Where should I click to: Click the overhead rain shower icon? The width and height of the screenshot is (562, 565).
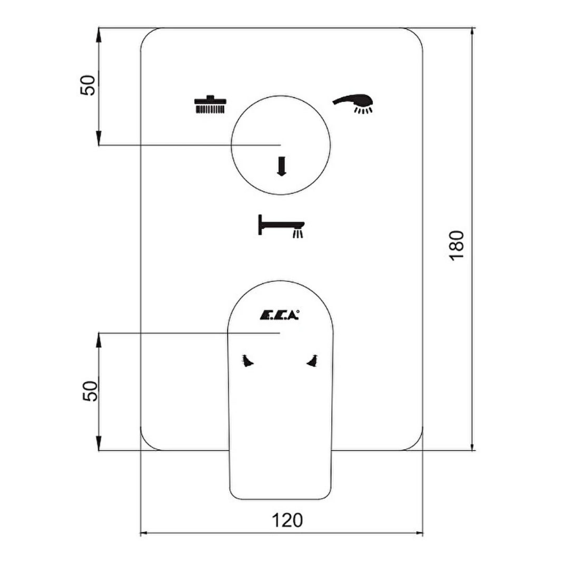(210, 104)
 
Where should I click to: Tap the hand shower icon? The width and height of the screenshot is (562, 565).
(352, 103)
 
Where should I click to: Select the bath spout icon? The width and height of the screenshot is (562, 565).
(281, 226)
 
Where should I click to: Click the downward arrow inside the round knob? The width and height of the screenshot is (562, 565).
(281, 166)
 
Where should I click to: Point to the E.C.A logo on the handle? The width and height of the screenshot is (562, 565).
(280, 315)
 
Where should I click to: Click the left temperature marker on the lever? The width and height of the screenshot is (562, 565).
(248, 361)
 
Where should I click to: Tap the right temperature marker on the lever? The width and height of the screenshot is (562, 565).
(312, 361)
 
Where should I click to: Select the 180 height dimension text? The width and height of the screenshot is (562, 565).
(456, 245)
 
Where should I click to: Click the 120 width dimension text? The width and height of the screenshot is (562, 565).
(287, 520)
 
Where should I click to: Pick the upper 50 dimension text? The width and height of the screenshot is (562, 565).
(88, 85)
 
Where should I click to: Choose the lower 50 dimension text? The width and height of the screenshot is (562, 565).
(90, 392)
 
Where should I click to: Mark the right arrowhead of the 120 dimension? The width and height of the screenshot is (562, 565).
(419, 533)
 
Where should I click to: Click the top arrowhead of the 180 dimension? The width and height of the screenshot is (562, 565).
(473, 32)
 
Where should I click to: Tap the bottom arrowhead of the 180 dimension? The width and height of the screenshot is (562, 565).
(473, 446)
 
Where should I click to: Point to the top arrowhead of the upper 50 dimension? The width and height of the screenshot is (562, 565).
(98, 33)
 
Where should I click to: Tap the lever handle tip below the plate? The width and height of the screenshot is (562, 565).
(281, 499)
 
